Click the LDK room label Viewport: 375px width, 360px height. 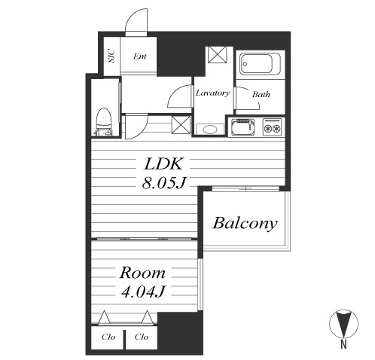tap(163, 164)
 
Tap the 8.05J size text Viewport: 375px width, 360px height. tap(163, 182)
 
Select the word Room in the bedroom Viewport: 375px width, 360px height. tap(142, 273)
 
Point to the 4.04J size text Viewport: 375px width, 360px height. tap(142, 291)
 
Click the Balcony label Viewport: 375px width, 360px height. tap(245, 223)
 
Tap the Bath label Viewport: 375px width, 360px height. tap(261, 94)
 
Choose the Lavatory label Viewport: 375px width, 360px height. tap(212, 93)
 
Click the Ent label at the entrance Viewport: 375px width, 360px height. tap(140, 56)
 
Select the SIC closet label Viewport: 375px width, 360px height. tap(111, 56)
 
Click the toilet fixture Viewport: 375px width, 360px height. tap(104, 122)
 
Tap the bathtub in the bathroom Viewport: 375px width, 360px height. tap(260, 64)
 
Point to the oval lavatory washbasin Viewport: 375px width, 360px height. tap(210, 130)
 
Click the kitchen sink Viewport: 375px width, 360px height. tap(242, 127)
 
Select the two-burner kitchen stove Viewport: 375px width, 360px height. tap(272, 127)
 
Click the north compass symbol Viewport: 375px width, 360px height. tap(343, 324)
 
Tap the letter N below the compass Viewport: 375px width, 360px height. tap(343, 344)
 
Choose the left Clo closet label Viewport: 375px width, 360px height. tap(108, 337)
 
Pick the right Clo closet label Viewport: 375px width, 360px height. tap(142, 337)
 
